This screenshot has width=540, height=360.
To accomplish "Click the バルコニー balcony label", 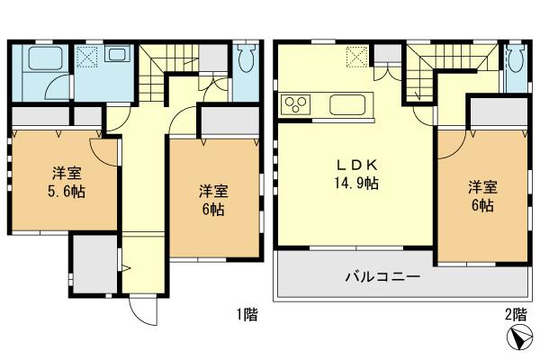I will [x=382, y=276].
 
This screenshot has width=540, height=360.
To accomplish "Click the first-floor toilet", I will [x=247, y=59].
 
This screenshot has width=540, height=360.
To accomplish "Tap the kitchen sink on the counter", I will [x=347, y=104].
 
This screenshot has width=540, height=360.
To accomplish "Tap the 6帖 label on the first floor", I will [x=213, y=209].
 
